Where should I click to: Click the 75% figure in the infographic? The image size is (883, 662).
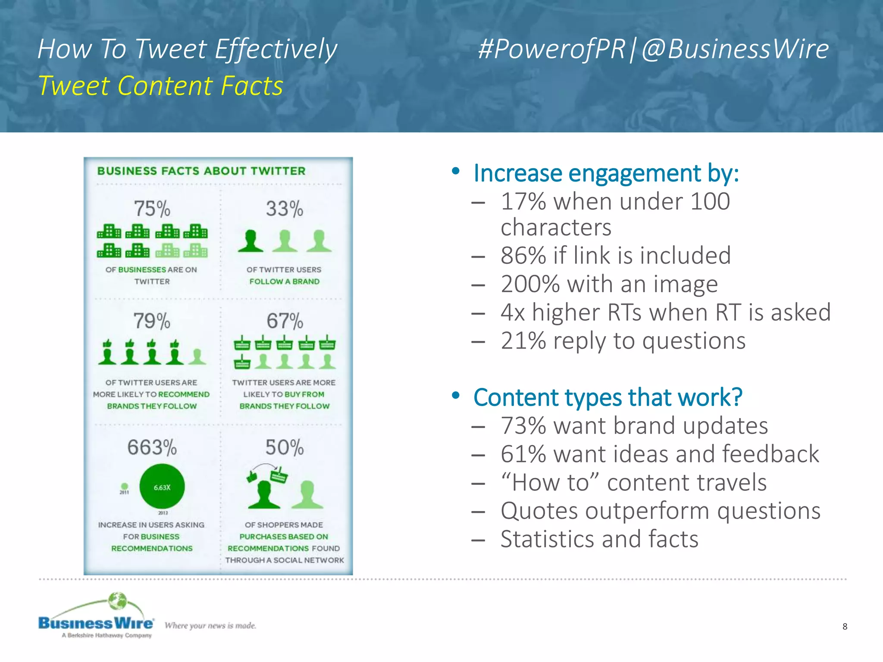152,209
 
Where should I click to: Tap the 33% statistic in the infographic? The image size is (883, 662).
284,209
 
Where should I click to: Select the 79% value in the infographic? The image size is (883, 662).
152,321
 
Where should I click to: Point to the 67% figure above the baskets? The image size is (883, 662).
285,321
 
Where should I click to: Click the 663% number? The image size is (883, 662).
152,447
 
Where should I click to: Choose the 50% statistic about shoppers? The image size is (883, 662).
284,447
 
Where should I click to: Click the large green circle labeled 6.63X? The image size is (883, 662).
162,487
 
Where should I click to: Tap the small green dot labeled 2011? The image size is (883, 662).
124,486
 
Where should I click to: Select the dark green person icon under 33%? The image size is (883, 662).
250,241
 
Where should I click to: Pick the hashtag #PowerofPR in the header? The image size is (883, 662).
551,49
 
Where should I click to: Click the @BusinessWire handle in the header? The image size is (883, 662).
735,49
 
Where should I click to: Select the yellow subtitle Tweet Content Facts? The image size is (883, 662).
160,86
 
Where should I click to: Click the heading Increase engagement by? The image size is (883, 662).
606,173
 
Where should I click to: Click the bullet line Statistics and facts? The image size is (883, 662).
599,539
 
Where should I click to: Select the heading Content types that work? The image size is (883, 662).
607,397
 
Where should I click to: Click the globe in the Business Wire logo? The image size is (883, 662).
117,601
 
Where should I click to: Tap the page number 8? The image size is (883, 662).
845,626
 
